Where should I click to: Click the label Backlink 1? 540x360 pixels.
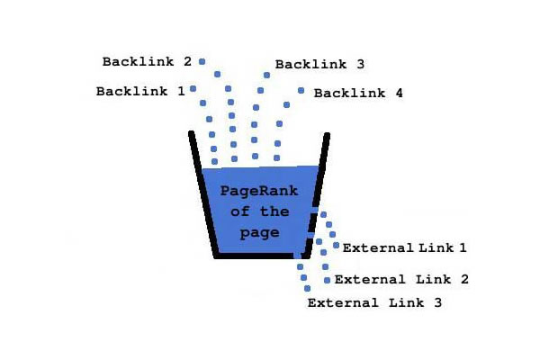(x=140, y=91)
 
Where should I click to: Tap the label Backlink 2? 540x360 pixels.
(x=147, y=62)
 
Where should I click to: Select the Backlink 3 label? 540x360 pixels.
(x=319, y=65)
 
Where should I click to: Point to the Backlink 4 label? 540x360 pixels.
(x=358, y=93)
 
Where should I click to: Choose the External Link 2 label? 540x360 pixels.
(x=401, y=280)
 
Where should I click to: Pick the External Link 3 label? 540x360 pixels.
(x=374, y=303)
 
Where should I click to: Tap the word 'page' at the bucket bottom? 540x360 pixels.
(x=260, y=233)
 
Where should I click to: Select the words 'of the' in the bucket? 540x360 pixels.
(x=259, y=211)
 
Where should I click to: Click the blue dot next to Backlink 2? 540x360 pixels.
(x=202, y=61)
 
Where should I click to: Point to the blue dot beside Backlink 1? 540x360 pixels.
(x=193, y=88)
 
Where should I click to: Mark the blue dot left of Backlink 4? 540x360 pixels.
(x=301, y=90)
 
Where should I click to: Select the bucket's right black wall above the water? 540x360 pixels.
(x=324, y=149)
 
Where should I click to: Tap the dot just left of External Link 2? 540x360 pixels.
(x=326, y=280)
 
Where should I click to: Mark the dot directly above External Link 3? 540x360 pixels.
(x=308, y=288)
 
